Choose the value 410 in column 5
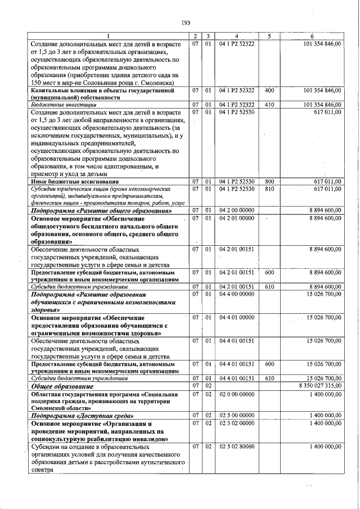coord(269,105)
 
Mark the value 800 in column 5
coord(269,182)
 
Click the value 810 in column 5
coord(269,189)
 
